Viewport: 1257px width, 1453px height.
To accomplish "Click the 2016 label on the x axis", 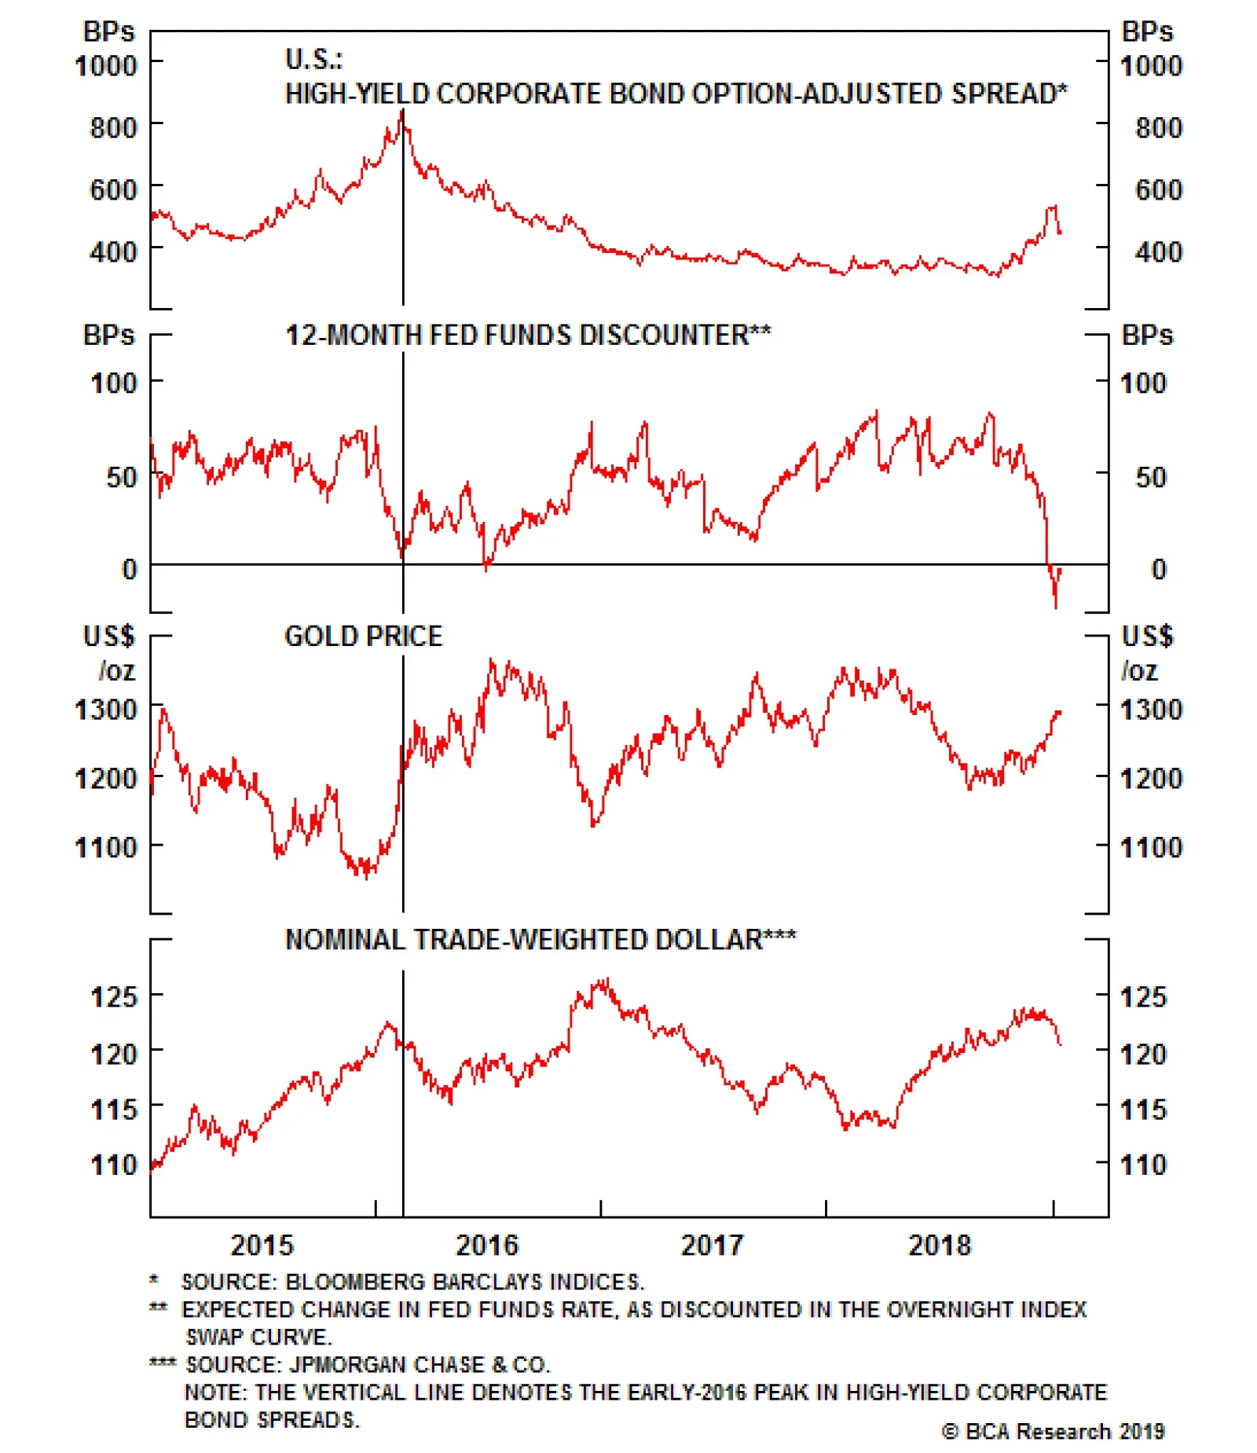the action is tap(487, 1244).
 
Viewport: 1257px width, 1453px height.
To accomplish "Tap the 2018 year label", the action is tap(940, 1244).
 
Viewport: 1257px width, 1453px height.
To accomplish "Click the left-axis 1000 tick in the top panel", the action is tap(106, 65).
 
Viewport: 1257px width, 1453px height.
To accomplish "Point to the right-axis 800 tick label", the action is tap(1159, 127).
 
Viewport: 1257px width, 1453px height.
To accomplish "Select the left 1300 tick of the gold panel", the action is tap(106, 710).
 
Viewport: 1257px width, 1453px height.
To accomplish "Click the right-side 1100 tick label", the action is tap(1151, 847).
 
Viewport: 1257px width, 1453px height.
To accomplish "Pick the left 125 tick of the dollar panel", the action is tap(114, 996).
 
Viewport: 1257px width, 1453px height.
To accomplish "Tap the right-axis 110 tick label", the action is tap(1143, 1164).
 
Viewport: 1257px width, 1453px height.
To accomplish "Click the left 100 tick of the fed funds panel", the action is tap(114, 383).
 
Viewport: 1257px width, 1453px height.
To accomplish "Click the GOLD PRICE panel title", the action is tap(364, 636).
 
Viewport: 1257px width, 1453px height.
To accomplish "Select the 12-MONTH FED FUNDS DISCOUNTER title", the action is tap(528, 335).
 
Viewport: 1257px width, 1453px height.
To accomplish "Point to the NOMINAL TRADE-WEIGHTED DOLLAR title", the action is tap(541, 939).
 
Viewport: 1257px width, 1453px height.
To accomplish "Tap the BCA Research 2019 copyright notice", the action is tap(1054, 1431).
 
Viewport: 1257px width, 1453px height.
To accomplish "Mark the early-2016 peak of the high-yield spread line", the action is tap(402, 112).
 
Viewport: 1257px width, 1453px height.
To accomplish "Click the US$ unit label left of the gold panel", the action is tap(109, 636).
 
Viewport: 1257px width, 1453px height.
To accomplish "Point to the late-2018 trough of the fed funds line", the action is tap(1055, 607).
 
